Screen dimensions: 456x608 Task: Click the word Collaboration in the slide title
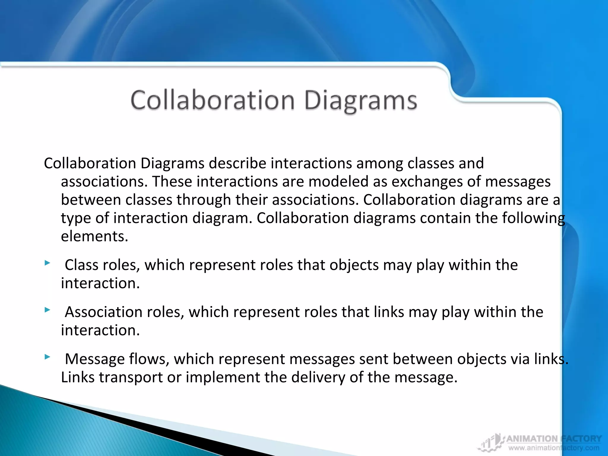[213, 100]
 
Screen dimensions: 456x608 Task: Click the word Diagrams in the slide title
[361, 101]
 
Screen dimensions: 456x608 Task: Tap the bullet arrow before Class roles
[47, 263]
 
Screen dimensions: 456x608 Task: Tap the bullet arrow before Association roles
[47, 310]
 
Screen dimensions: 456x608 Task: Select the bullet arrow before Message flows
[47, 357]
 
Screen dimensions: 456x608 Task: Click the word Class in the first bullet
[81, 265]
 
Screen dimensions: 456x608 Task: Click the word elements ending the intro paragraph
[94, 237]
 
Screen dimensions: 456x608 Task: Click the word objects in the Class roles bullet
[354, 265]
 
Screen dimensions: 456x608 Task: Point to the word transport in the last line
[131, 378]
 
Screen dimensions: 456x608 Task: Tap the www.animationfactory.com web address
[554, 448]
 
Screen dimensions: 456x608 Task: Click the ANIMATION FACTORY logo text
[554, 439]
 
